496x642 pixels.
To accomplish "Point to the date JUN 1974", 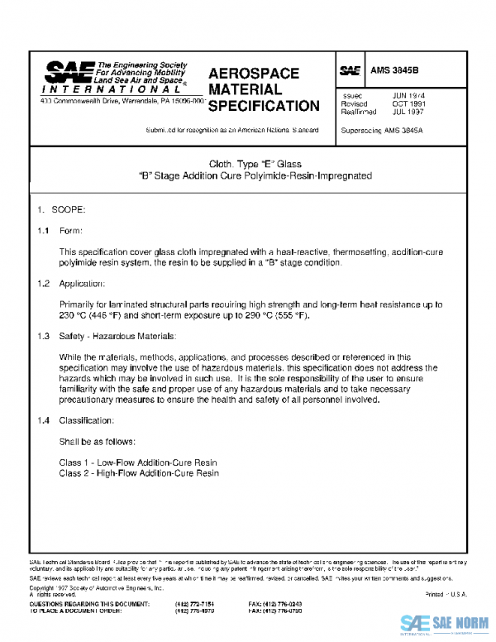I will (408, 96).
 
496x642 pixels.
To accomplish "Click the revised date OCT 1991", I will (408, 104).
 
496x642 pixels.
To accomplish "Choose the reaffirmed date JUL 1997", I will (408, 112).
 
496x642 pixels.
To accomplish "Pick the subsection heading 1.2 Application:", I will (73, 284).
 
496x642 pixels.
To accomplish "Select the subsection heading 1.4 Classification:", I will (76, 420).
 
